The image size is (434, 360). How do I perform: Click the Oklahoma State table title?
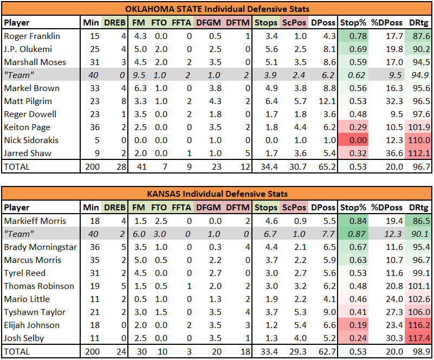(x=217, y=9)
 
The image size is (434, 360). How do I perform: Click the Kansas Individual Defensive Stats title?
(x=217, y=194)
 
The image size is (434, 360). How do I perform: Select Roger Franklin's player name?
(x=32, y=36)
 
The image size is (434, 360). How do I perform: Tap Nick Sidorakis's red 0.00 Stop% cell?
(x=353, y=140)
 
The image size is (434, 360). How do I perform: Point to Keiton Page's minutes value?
(x=94, y=127)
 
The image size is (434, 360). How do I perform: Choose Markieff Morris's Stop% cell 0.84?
(x=353, y=221)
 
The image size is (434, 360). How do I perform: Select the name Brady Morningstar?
(x=41, y=247)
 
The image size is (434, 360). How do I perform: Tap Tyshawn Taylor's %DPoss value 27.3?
(x=394, y=312)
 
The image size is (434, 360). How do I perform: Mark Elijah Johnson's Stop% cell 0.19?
(x=353, y=325)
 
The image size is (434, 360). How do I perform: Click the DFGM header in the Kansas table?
(x=209, y=208)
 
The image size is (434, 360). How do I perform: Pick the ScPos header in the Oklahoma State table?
(x=294, y=23)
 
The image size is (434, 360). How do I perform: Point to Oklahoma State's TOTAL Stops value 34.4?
(x=269, y=166)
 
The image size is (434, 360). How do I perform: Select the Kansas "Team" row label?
(x=19, y=234)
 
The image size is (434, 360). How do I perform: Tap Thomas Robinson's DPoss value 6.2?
(x=329, y=286)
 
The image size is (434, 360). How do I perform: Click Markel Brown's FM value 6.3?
(x=140, y=88)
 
